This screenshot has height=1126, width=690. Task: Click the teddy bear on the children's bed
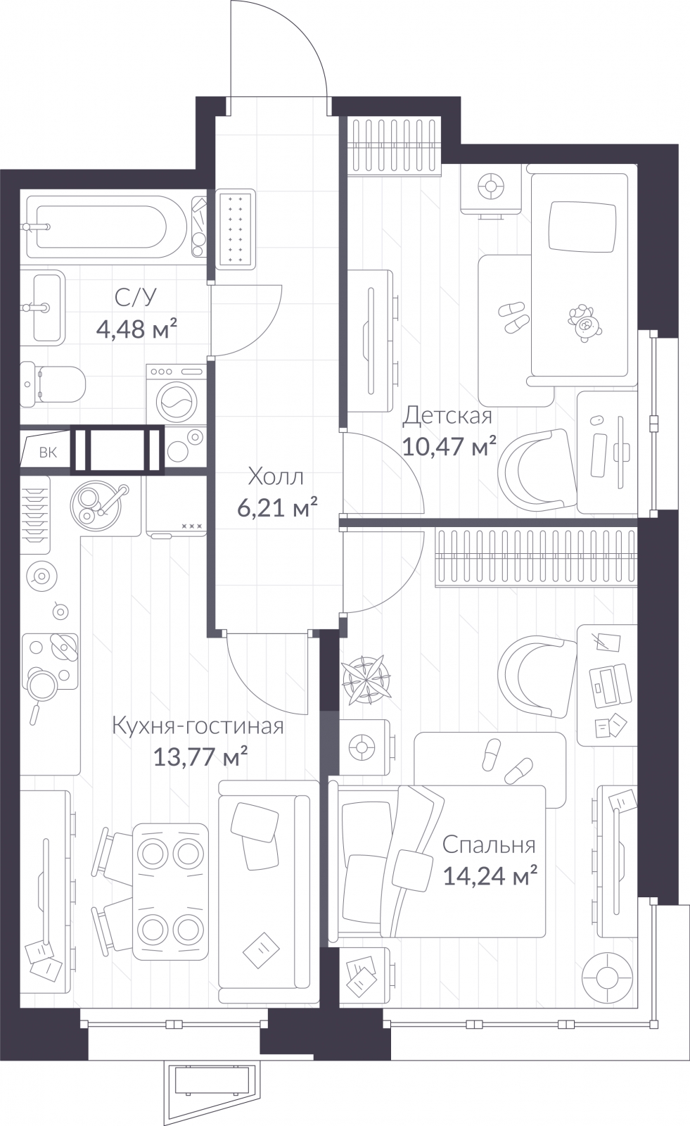pyautogui.click(x=584, y=323)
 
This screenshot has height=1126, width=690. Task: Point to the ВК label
pyautogui.click(x=49, y=453)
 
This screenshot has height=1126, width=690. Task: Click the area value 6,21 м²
pyautogui.click(x=277, y=508)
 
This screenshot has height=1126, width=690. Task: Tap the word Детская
pyautogui.click(x=447, y=416)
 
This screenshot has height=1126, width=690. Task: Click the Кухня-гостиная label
pyautogui.click(x=198, y=726)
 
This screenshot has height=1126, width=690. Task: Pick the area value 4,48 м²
pyautogui.click(x=136, y=329)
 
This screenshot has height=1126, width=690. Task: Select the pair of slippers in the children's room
pyautogui.click(x=513, y=317)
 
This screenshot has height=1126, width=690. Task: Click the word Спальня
pyautogui.click(x=489, y=845)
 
